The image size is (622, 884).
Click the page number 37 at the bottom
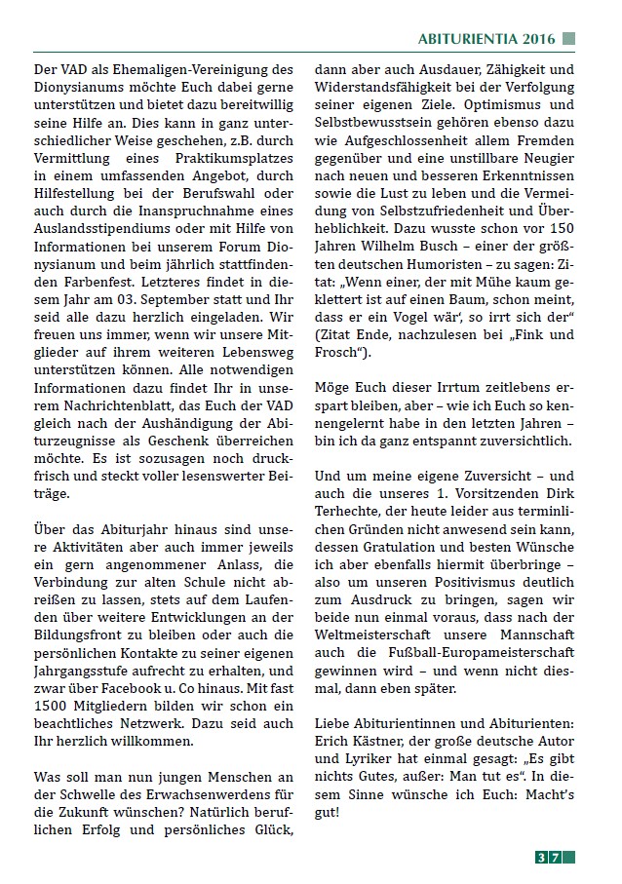[548, 858]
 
